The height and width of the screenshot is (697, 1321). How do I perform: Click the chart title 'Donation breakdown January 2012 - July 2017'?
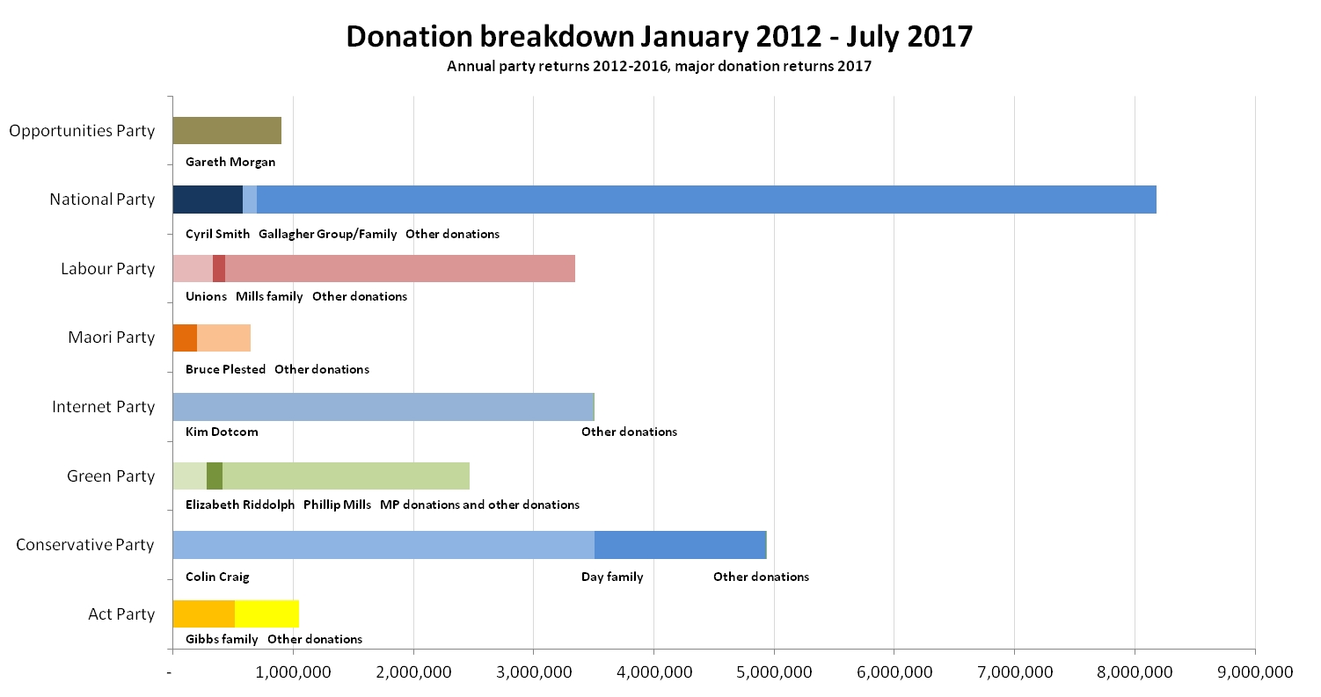pos(659,37)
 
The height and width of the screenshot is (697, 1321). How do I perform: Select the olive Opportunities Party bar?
pos(227,130)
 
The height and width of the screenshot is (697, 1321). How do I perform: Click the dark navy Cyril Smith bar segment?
pos(207,200)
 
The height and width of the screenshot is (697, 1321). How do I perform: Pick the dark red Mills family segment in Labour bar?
pos(219,268)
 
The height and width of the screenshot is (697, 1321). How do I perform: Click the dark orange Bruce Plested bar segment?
pos(185,338)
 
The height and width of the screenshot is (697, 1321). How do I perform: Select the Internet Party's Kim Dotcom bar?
pos(383,407)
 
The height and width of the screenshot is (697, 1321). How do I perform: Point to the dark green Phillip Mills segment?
pos(215,476)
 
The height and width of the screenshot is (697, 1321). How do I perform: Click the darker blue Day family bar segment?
pos(680,545)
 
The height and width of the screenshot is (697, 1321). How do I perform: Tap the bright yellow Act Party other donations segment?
pos(266,614)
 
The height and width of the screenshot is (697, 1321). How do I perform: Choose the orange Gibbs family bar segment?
pos(203,614)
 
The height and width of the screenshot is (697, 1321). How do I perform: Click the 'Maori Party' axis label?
pos(111,338)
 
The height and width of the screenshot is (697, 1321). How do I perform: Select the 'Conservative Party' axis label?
pos(85,545)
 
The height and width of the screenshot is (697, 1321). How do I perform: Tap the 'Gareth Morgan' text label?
pos(230,162)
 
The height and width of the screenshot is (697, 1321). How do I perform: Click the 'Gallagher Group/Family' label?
pos(327,234)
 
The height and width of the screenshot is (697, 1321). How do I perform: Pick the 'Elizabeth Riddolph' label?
pos(240,505)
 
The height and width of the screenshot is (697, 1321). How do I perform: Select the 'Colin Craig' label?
pos(217,577)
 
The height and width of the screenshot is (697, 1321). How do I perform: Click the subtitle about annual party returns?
pos(659,67)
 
